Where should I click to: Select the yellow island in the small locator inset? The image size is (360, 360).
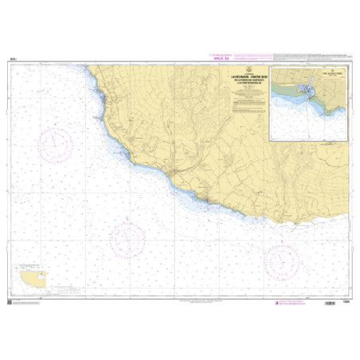point(33,279)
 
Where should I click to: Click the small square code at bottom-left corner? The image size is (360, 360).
point(8,300)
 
